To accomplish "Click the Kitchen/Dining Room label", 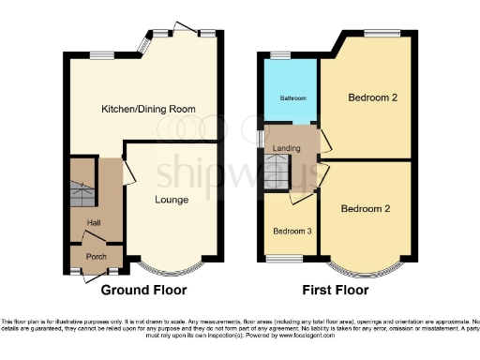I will coord(148,109).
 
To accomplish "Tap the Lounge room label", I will coord(172,200).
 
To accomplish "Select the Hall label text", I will coord(94,222).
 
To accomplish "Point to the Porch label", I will coord(96,256).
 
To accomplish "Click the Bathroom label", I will coord(289,97).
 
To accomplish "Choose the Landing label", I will coord(287,149).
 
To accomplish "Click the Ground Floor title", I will coord(143,290).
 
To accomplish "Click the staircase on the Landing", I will coord(277,170).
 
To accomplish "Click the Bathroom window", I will coord(278,56).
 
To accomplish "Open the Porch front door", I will coord(93,275).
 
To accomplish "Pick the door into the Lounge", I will coord(128,171).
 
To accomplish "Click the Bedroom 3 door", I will coord(303,198).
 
